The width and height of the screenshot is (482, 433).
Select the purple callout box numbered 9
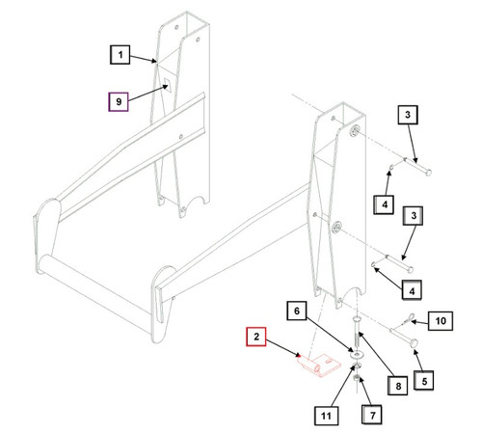(x=117, y=99)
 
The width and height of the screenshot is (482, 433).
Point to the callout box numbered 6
(x=297, y=311)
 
